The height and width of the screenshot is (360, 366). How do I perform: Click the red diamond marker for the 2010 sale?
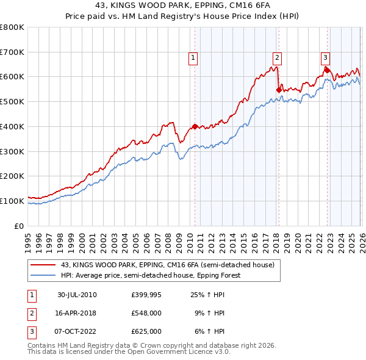195,126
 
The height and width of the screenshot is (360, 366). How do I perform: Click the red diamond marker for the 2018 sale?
279,90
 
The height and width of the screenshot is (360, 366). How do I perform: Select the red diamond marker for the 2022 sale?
327,70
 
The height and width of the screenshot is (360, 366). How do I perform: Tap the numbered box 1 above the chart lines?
193,58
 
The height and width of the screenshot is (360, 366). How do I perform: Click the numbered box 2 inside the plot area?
277,58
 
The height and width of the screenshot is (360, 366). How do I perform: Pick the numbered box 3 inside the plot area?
325,58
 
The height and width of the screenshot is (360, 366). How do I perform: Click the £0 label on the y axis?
20,226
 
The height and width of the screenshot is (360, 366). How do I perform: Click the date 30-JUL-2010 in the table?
77,295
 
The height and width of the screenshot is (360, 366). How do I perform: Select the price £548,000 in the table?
146,313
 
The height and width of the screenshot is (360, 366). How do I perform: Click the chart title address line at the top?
182,7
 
